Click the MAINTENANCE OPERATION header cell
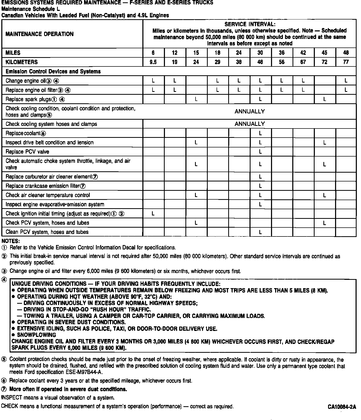point(39,34)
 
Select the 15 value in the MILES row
point(196,53)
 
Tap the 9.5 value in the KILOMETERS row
point(153,62)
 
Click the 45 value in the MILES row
point(324,53)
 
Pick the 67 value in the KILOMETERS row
point(303,62)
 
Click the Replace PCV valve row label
point(27,152)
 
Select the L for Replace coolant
point(260,133)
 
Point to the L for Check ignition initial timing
point(153,214)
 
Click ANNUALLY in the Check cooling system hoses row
point(249,124)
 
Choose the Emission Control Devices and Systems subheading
point(53,71)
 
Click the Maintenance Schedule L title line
point(31,9)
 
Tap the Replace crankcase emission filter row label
point(45,186)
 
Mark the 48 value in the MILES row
point(346,53)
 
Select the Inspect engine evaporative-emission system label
point(55,205)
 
